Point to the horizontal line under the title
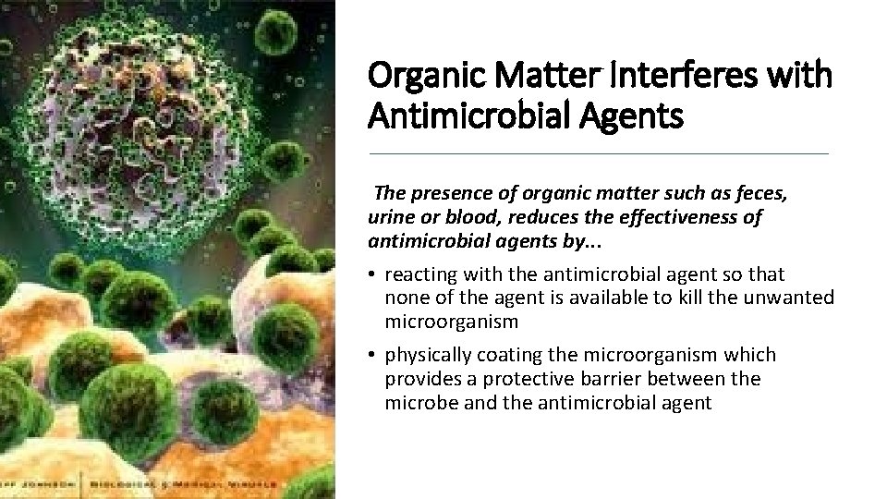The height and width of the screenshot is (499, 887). click(599, 153)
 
